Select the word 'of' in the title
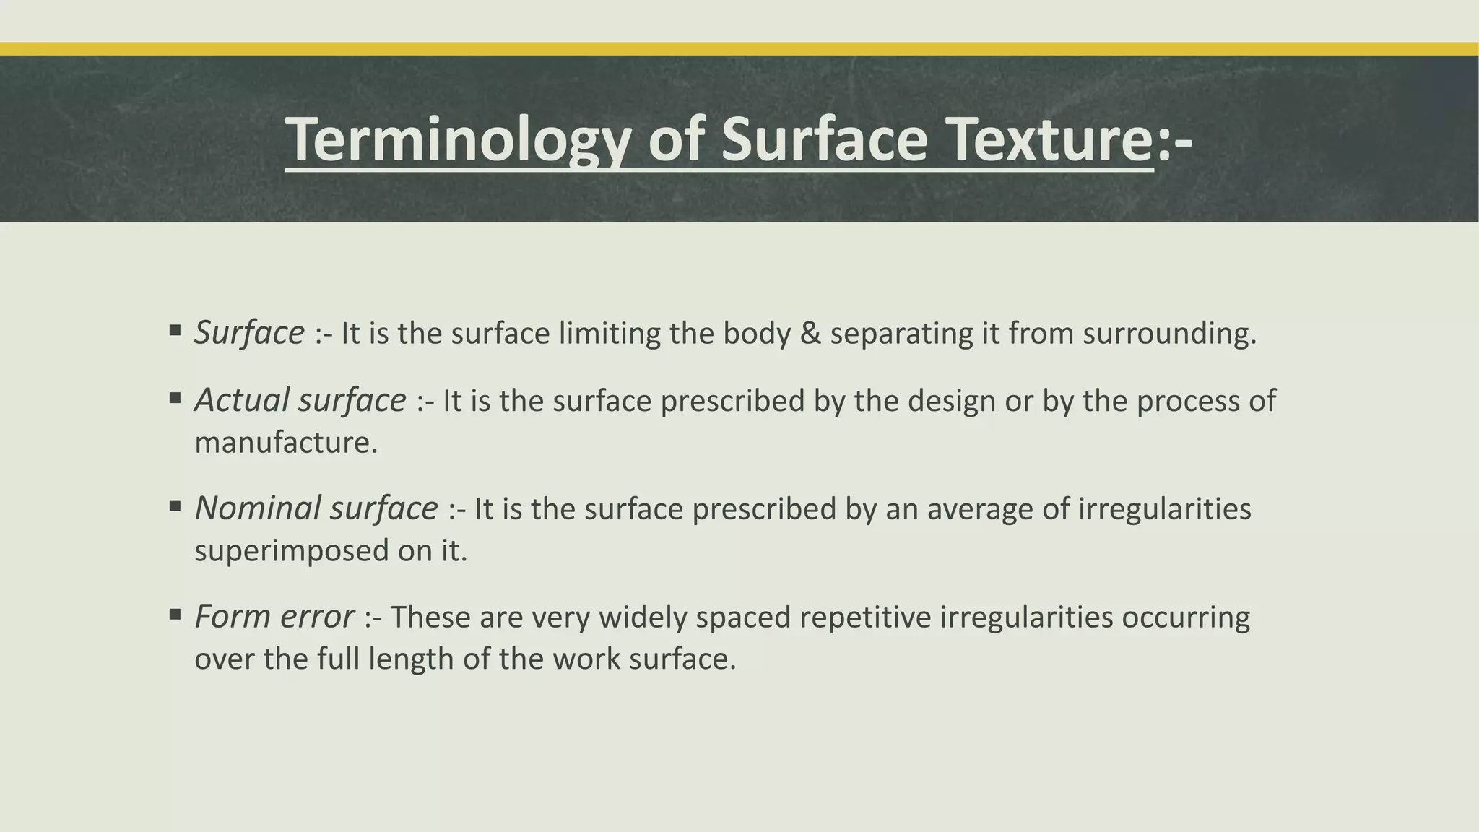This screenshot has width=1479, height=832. point(676,140)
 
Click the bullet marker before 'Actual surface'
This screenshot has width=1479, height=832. point(175,398)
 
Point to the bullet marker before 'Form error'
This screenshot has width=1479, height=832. point(175,615)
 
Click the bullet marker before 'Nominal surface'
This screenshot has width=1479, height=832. point(175,506)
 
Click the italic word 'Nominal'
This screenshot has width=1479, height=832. point(257,508)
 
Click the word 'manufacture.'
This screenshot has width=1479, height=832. point(286,442)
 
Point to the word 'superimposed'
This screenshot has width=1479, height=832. point(291,551)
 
